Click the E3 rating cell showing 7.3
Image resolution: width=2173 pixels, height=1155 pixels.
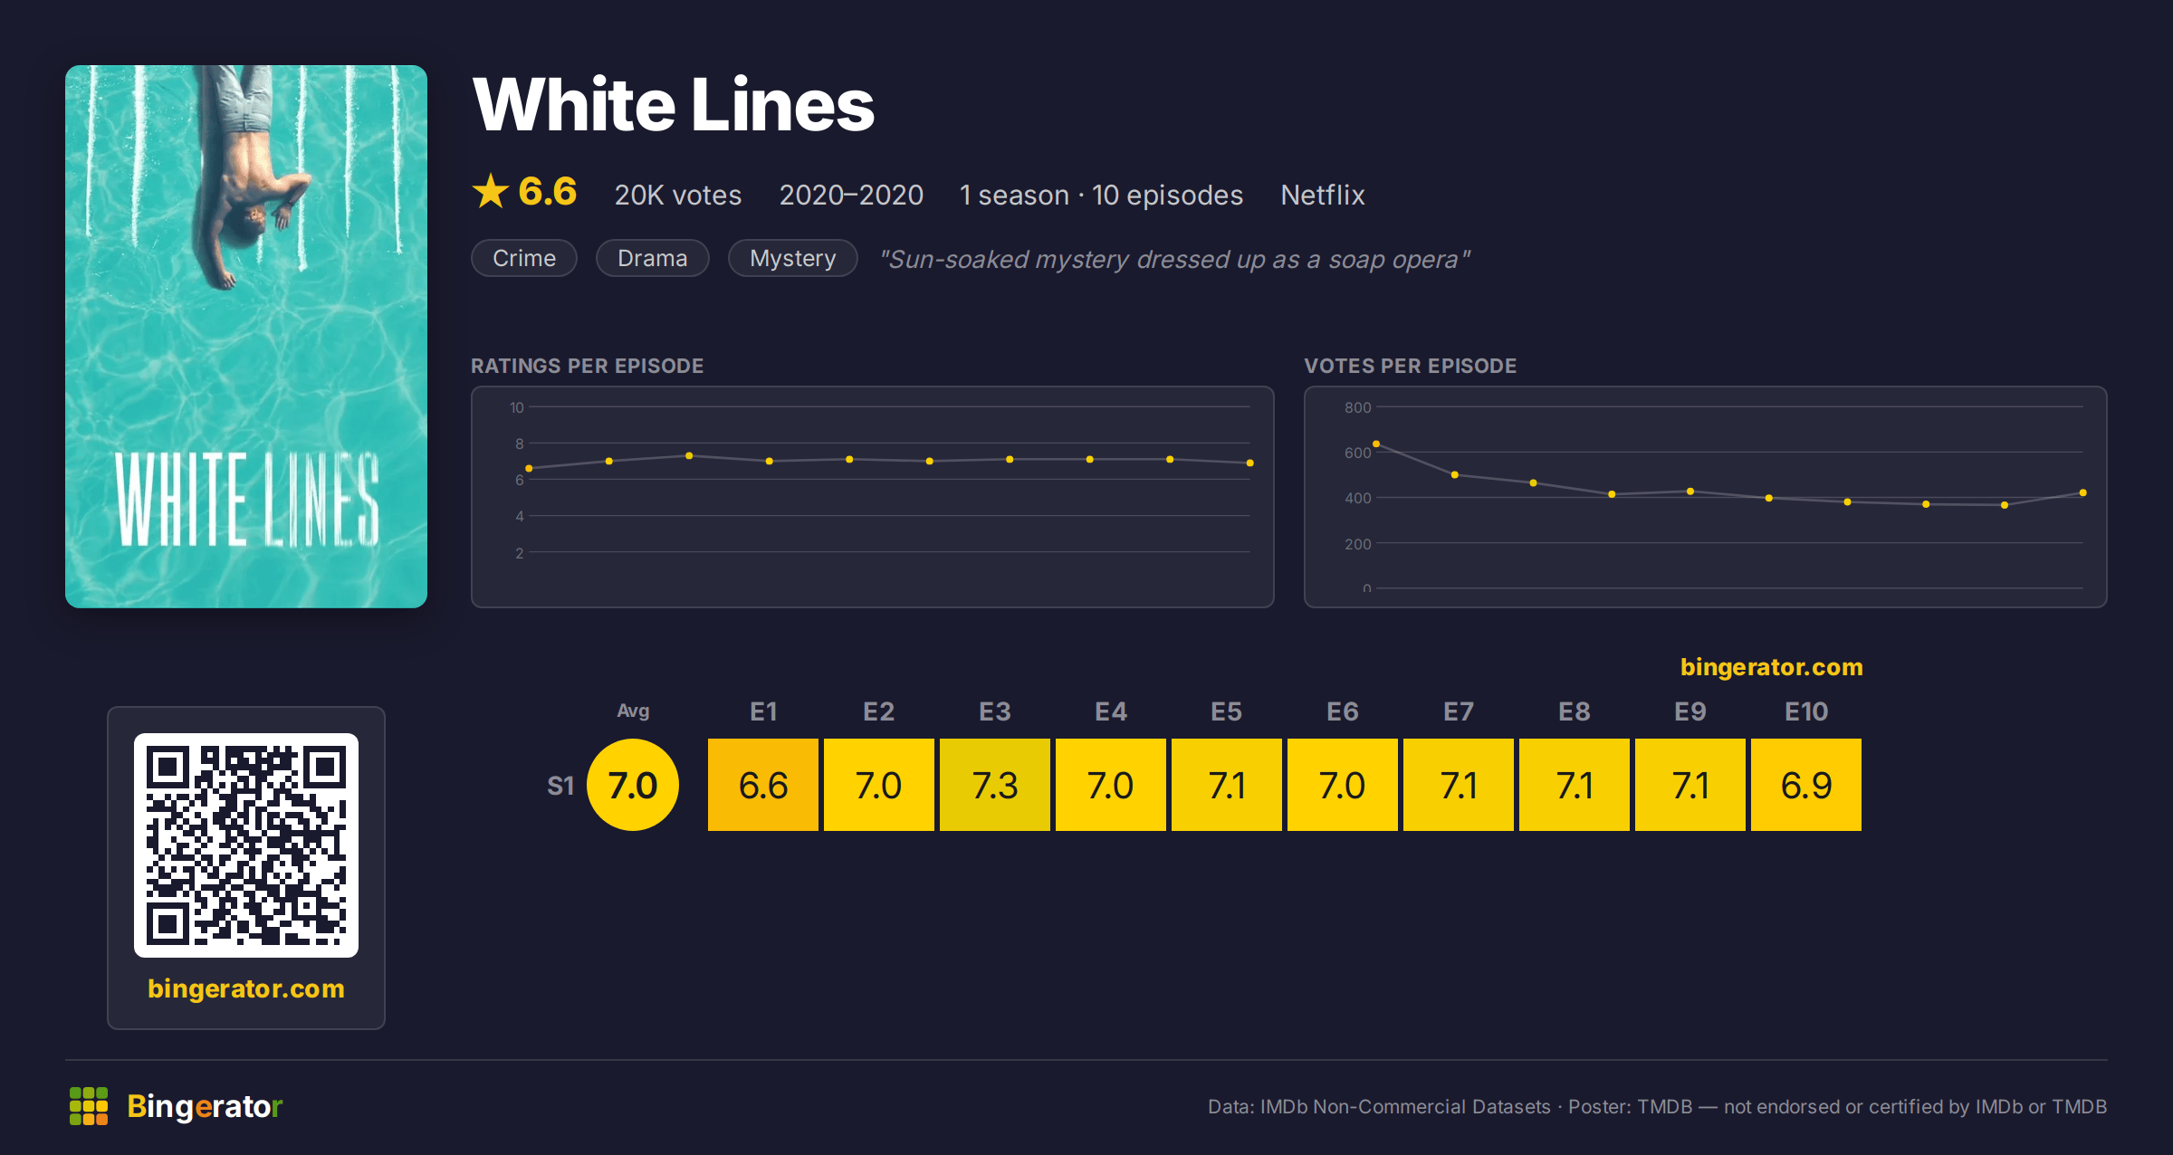pos(994,785)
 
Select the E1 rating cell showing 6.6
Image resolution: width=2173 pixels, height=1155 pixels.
pos(762,785)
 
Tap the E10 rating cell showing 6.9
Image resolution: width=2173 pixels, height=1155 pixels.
pos(1805,785)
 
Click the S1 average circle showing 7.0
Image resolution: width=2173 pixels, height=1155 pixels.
pos(633,785)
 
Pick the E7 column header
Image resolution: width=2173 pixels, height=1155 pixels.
pos(1458,711)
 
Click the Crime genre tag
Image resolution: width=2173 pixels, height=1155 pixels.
pos(524,258)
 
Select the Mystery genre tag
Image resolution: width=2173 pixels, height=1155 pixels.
pos(792,258)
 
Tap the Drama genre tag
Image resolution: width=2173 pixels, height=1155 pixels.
pos(652,258)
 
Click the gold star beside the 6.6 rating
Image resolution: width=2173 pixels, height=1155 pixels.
pos(491,191)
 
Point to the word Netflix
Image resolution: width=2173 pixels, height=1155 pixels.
pos(1322,195)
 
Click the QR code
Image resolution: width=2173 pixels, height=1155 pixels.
pos(246,845)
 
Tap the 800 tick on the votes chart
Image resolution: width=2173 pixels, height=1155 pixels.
pos(1357,407)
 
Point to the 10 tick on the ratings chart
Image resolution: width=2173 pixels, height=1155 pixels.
pos(516,407)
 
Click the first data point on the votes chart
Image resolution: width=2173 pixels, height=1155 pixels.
pos(1376,444)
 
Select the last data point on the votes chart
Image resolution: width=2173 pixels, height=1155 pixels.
pos(2083,492)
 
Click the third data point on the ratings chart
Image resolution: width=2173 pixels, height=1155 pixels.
pos(689,455)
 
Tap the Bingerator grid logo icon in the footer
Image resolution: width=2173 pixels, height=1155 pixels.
pos(89,1106)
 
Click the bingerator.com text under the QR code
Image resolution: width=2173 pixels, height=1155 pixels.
pos(246,988)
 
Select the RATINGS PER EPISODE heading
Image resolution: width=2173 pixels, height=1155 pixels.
pos(587,366)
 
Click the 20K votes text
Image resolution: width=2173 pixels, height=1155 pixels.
pos(677,195)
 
